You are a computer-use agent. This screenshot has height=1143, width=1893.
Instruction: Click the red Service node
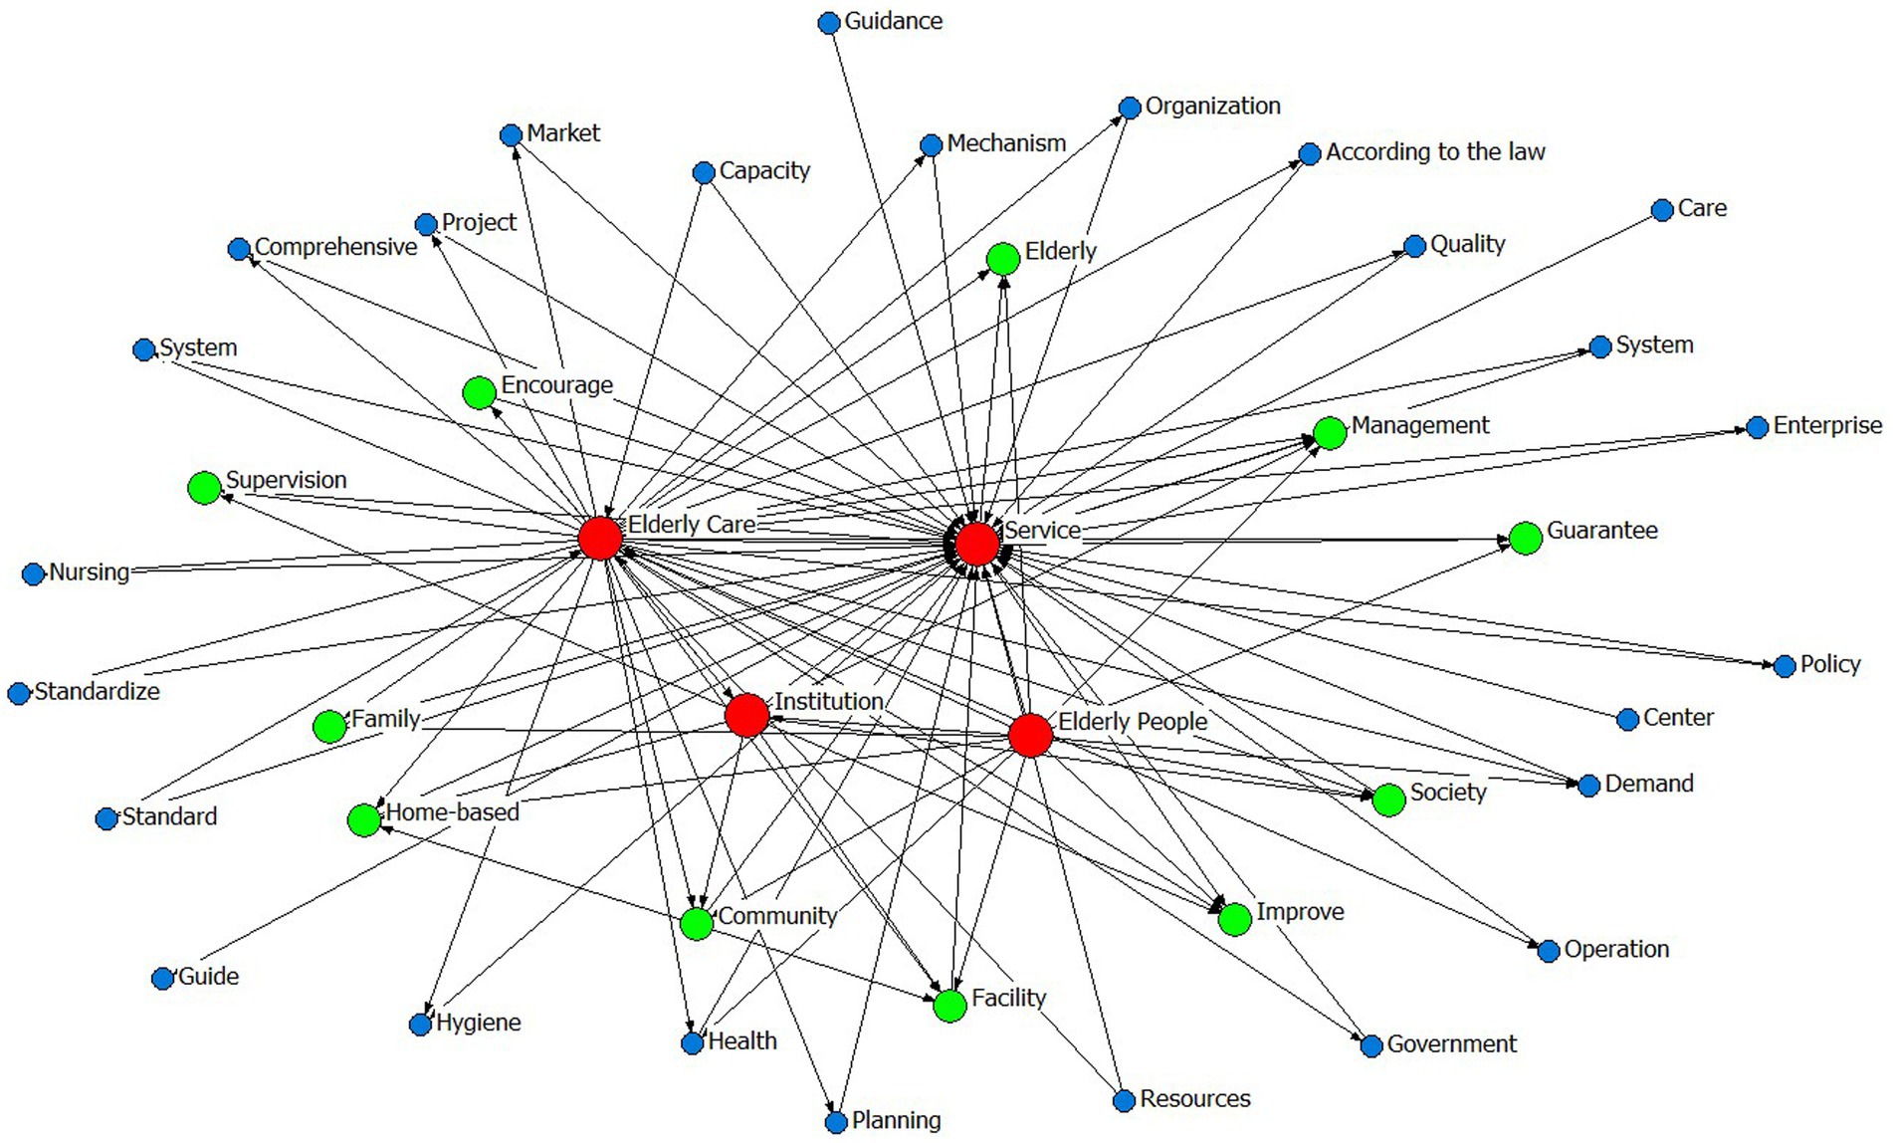[x=976, y=544]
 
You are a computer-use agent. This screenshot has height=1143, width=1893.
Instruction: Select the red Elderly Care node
[x=600, y=538]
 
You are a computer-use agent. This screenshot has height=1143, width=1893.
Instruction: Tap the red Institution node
[x=746, y=715]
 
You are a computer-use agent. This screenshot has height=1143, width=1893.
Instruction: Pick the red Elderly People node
[x=1030, y=735]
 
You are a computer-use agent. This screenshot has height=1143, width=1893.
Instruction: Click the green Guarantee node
[x=1525, y=538]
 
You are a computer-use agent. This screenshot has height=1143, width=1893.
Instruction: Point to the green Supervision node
[x=204, y=488]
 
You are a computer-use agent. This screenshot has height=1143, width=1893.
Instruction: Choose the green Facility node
[x=949, y=1006]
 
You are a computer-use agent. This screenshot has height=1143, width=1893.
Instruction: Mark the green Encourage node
[x=480, y=392]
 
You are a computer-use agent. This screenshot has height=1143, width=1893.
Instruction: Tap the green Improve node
[x=1234, y=919]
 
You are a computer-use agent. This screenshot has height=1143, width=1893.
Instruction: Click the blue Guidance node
[x=828, y=23]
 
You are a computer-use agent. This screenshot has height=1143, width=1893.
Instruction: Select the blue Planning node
[x=836, y=1122]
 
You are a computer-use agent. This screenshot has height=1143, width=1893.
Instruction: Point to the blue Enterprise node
[x=1757, y=428]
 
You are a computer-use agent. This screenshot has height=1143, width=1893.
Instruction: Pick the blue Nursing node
[x=33, y=573]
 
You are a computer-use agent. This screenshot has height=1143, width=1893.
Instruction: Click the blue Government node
[x=1370, y=1045]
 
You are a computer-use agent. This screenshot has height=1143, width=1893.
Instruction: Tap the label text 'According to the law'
[x=1434, y=152]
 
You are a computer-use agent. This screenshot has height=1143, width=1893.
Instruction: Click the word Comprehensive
[x=335, y=247]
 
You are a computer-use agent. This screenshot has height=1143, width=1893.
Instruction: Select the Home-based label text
[x=452, y=812]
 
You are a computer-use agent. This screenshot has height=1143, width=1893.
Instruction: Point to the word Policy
[x=1829, y=664]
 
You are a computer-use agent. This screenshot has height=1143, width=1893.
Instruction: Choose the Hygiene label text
[x=478, y=1023]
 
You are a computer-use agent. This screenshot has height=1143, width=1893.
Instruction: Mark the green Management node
[x=1330, y=433]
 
